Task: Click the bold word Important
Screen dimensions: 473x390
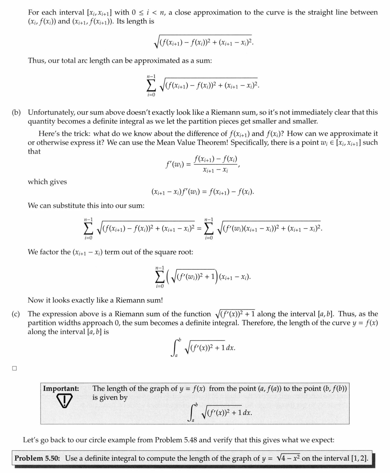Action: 61,389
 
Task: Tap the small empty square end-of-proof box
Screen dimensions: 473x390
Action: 15,368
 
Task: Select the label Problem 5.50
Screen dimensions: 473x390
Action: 37,458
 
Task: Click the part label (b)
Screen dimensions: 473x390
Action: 19,112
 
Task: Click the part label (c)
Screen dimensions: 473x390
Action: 19,314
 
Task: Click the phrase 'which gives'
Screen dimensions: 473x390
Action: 47,182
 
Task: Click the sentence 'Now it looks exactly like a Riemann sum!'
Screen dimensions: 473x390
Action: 95,300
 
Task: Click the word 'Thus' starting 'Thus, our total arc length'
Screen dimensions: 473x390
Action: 37,60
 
